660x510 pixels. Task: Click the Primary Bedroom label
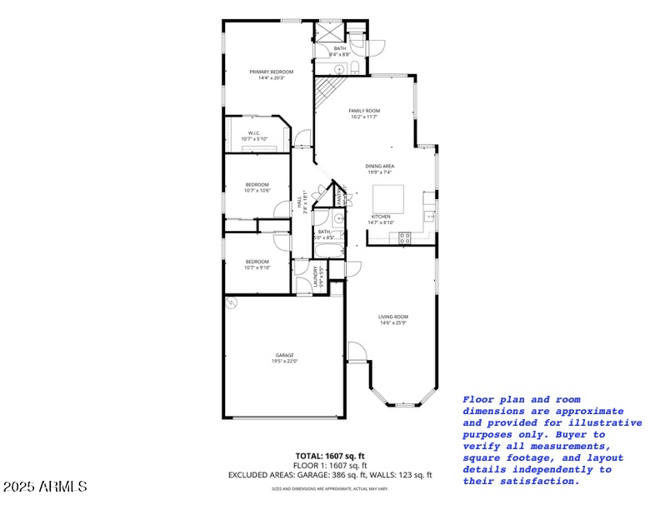tap(271, 72)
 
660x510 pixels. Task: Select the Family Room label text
tap(363, 111)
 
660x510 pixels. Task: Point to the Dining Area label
tap(380, 166)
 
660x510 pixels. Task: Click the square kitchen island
tap(387, 198)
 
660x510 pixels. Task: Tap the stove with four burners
tap(405, 237)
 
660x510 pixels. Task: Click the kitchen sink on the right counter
tap(431, 217)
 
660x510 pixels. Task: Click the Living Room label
tap(393, 317)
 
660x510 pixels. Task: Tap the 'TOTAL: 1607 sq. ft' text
tap(330, 456)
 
